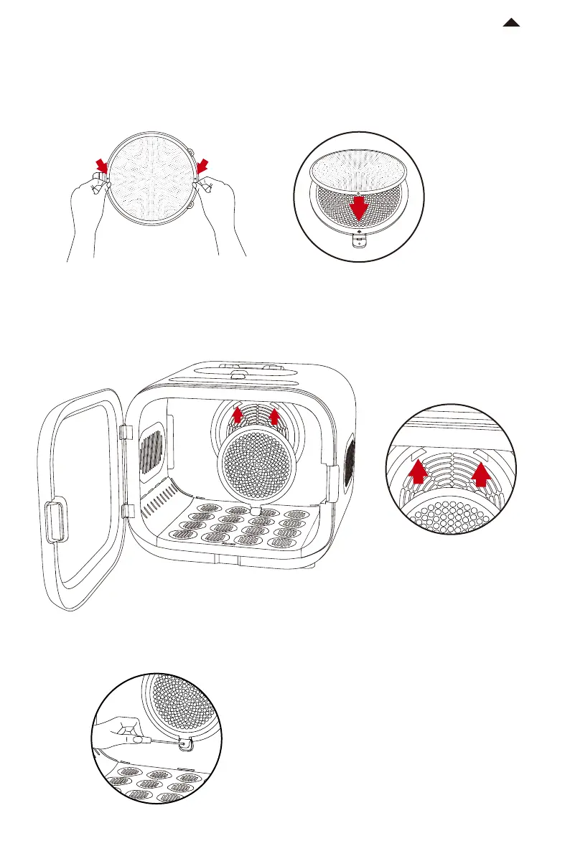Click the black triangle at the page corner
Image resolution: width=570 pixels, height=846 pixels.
(511, 24)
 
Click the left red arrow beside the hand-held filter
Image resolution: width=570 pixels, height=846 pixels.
(103, 167)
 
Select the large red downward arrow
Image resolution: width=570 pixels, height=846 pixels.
(359, 208)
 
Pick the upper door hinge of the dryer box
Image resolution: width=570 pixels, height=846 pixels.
(123, 433)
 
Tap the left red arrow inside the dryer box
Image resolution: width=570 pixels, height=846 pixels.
(238, 415)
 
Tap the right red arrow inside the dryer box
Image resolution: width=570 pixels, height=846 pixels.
(275, 415)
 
